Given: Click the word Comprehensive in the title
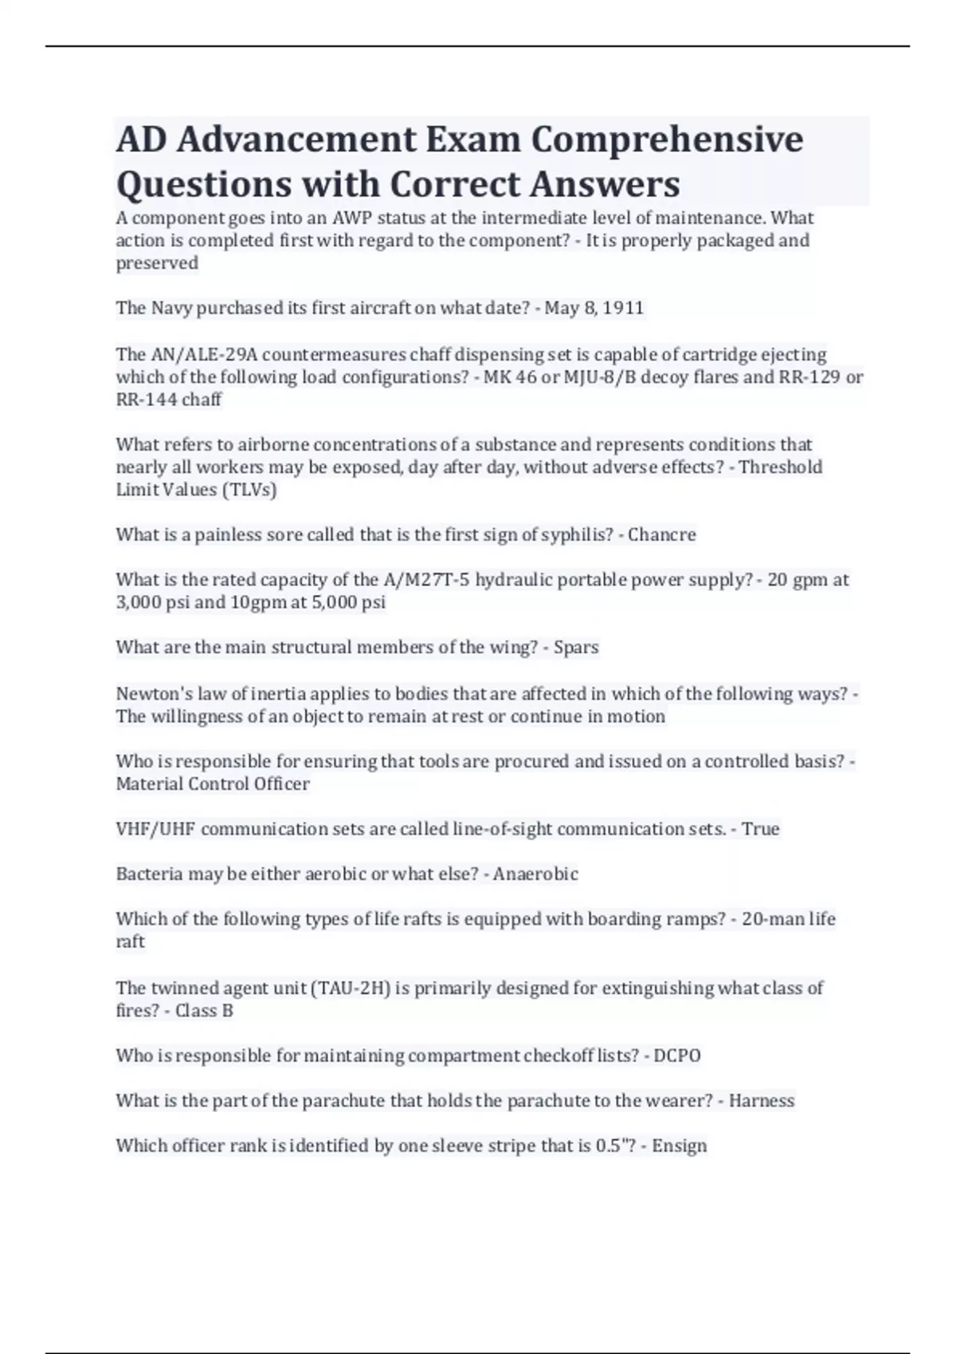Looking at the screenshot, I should point(667,140).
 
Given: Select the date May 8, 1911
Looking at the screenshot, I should point(594,308).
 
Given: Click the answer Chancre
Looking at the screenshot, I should point(661,534).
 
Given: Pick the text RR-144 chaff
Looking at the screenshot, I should point(169,400).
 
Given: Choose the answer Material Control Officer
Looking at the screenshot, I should point(213,784).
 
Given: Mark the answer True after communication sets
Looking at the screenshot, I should point(760,829).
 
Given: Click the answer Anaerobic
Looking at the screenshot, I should point(535,874).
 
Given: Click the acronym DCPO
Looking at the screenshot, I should point(677,1056).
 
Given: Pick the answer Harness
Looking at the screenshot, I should point(762,1101).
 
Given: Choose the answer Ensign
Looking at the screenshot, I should point(680,1146).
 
